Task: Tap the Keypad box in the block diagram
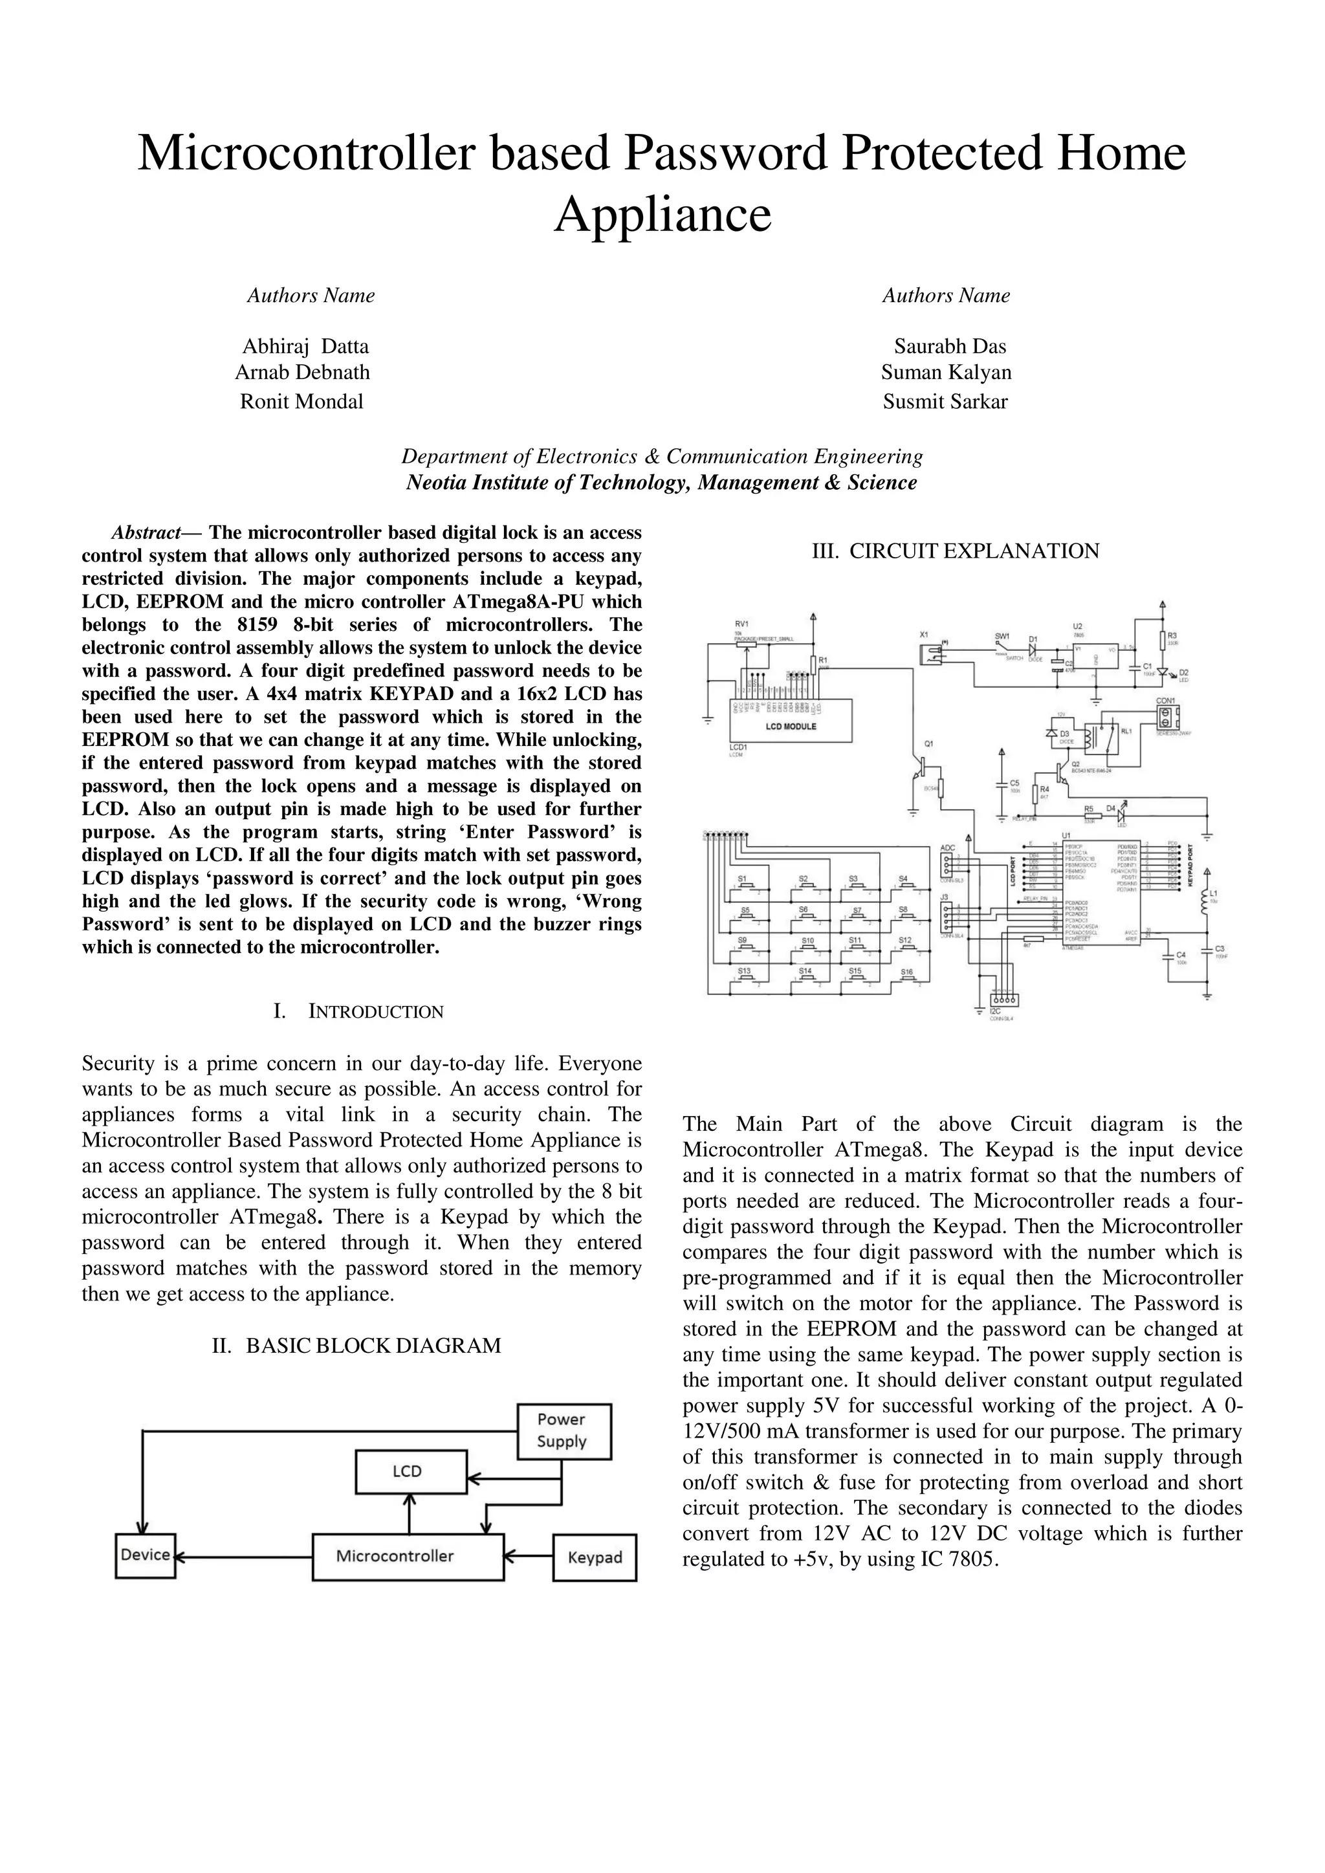tap(595, 1557)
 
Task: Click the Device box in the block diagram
tap(145, 1555)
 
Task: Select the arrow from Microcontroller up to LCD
tap(410, 1513)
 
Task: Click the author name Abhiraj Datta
tap(306, 346)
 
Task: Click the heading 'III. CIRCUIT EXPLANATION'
tap(956, 551)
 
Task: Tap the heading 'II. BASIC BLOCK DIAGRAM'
tap(356, 1345)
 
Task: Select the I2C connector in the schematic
tap(1002, 1000)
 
